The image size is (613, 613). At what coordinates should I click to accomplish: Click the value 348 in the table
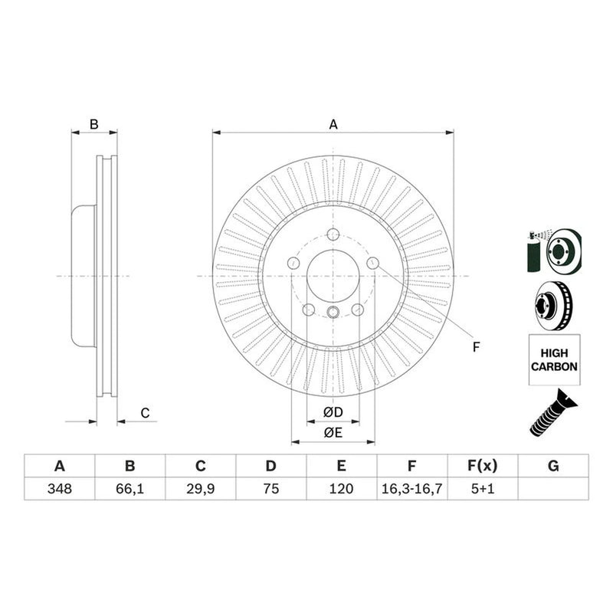pos(60,489)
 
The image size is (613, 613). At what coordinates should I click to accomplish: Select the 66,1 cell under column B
pos(129,489)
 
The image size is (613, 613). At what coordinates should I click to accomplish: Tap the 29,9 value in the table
pos(200,489)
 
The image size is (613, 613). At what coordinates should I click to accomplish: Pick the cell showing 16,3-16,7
pos(411,489)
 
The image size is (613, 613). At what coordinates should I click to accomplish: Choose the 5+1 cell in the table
pos(483,489)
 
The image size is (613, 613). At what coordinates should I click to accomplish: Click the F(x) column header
pos(483,466)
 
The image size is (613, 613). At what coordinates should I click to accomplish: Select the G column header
pos(553,466)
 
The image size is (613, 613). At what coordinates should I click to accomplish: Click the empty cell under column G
pos(553,489)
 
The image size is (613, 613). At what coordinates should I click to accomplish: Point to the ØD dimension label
pos(333,412)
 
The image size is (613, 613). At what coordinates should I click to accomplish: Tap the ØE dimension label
pos(333,432)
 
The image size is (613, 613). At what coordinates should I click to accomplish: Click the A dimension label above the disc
pos(333,124)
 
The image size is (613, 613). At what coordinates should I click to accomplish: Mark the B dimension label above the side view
pos(93,124)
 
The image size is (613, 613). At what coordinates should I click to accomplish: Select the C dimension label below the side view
pos(145,413)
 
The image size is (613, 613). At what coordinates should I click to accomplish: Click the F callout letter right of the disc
pos(476,347)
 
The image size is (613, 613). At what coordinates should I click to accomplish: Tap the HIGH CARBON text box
pos(554,359)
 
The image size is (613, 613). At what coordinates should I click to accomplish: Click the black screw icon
pos(553,413)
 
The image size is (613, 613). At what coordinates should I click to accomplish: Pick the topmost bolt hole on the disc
pos(333,234)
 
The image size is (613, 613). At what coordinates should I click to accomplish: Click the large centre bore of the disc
pos(333,276)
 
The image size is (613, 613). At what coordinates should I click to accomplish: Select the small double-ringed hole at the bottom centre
pos(333,312)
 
